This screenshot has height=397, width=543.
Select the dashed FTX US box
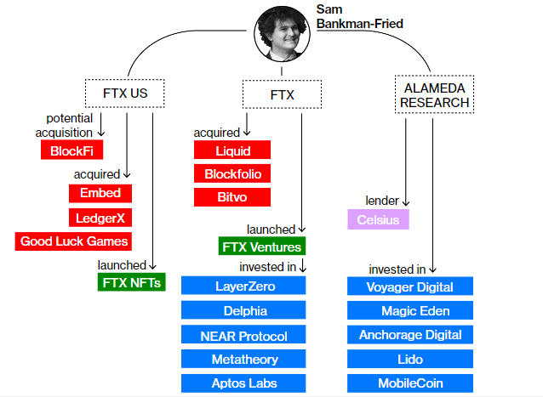(x=126, y=92)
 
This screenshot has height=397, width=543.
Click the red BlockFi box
(x=71, y=150)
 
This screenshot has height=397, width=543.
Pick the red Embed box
(x=100, y=193)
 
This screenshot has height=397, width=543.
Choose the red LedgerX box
(x=100, y=217)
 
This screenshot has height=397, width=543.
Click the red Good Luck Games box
(x=74, y=241)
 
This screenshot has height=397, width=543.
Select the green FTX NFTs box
(x=132, y=282)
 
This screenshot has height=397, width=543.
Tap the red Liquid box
(x=231, y=150)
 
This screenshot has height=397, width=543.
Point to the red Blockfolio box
(x=231, y=174)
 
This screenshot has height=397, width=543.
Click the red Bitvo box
(x=231, y=197)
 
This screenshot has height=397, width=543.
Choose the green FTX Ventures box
(x=260, y=247)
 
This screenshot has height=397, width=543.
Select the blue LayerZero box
(x=244, y=286)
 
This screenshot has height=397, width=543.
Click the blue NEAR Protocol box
(x=244, y=335)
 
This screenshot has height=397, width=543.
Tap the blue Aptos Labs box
(x=244, y=383)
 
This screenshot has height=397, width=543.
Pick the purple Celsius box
(x=378, y=220)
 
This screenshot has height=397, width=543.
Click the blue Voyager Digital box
(x=411, y=287)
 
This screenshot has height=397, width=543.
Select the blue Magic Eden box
(x=411, y=311)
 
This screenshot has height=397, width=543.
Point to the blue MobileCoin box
(x=411, y=383)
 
